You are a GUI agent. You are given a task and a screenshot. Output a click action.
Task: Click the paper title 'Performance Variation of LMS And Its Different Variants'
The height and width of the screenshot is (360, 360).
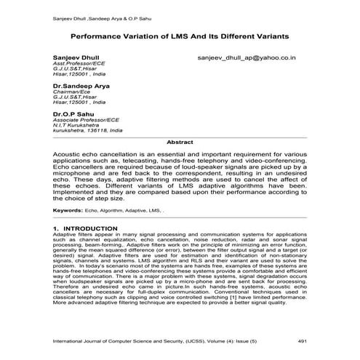pos(180,35)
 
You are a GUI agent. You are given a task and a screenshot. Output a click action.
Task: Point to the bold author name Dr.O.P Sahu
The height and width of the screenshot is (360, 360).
pos(73,114)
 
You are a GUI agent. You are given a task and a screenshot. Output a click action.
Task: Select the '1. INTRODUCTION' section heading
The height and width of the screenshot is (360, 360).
pos(86,228)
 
